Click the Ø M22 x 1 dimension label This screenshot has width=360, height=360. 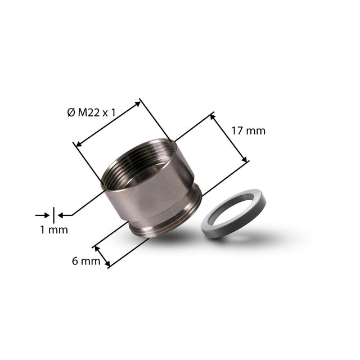(91, 112)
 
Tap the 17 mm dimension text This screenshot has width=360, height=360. (249, 131)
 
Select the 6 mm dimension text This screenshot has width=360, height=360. (86, 261)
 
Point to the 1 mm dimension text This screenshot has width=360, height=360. (54, 230)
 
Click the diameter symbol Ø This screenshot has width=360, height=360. (71, 112)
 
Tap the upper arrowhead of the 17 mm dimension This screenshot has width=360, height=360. (213, 116)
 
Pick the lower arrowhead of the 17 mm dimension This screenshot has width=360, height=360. (244, 159)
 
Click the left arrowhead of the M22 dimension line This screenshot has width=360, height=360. (79, 144)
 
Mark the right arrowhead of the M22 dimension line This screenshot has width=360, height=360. (137, 103)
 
